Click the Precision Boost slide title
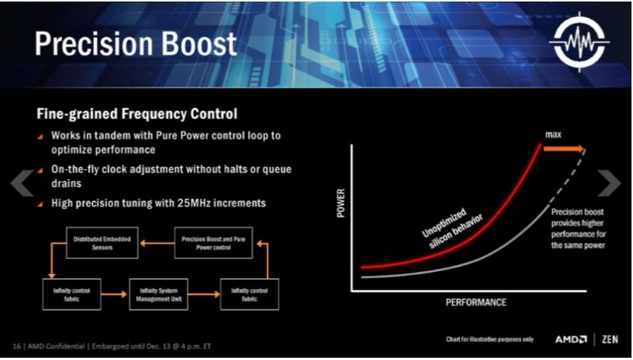click(135, 43)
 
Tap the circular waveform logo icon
click(580, 42)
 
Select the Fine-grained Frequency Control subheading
click(137, 113)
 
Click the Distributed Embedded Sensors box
click(102, 243)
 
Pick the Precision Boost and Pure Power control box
click(213, 243)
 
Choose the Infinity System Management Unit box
click(159, 295)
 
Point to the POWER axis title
click(341, 203)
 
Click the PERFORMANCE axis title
click(476, 302)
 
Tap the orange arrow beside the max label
click(564, 149)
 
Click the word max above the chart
click(553, 134)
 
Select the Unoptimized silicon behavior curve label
click(452, 229)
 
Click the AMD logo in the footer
click(571, 339)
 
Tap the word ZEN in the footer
click(610, 339)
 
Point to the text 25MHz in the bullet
click(194, 203)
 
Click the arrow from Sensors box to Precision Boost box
click(156, 243)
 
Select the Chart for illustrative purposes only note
click(490, 339)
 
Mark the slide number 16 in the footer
click(17, 346)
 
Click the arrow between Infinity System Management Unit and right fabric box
click(204, 295)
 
